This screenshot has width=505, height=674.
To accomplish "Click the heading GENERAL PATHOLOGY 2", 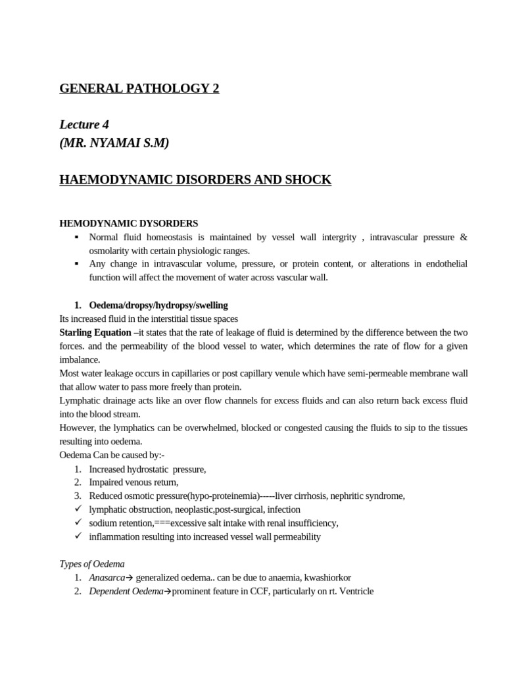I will coord(139,89).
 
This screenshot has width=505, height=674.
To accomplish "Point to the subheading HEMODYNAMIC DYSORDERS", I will coord(128,224).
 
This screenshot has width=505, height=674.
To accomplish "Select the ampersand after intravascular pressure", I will coord(464,237).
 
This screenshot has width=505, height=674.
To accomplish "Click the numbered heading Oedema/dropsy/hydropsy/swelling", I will coord(158,305).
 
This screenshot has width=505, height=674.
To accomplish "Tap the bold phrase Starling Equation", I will coord(95,333).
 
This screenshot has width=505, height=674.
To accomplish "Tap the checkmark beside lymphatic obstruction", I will coord(78,509).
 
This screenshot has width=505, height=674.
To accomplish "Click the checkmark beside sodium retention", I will coord(78,523).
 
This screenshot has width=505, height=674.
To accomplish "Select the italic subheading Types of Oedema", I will coord(92,563).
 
